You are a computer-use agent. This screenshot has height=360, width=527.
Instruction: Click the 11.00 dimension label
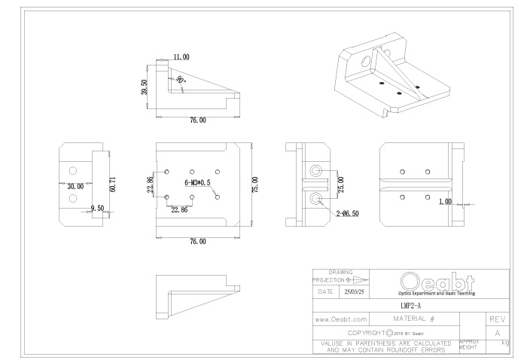(x=181, y=57)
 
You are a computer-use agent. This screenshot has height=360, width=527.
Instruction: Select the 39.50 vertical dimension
(x=144, y=87)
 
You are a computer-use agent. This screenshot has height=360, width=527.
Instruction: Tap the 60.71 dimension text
(x=113, y=184)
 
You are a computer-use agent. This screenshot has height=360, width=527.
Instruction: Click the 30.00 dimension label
(x=75, y=186)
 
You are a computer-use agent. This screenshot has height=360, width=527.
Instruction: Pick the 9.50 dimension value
(x=96, y=208)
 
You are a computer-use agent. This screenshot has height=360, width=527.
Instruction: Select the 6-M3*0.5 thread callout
(x=196, y=183)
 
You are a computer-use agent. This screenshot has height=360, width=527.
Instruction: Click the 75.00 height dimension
(x=255, y=184)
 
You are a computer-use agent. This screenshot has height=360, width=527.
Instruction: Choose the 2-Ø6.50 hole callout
(x=349, y=214)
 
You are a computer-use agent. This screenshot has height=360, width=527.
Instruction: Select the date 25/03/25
(x=355, y=290)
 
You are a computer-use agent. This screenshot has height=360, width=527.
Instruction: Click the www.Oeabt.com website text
(x=340, y=319)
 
